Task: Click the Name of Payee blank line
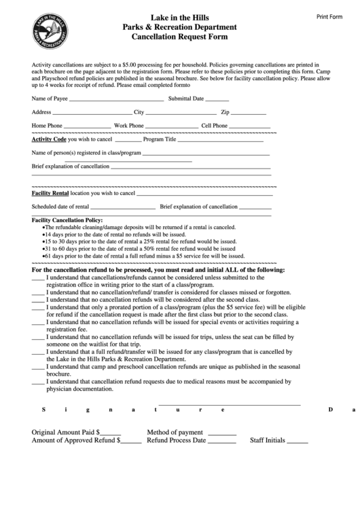point(116,99)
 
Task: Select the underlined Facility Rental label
point(50,192)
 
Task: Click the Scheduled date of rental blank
point(123,207)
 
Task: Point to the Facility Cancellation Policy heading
point(67,220)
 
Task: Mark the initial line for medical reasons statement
point(38,383)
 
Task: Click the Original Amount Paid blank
point(111,433)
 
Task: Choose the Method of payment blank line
point(221,433)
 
